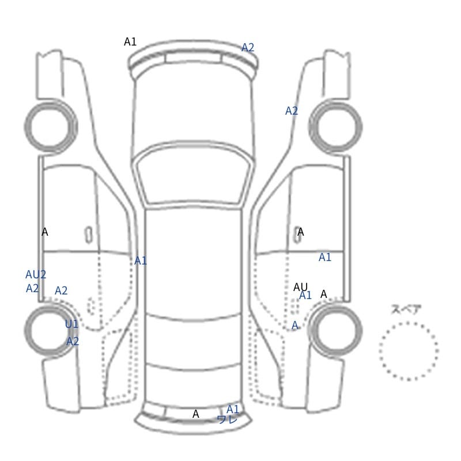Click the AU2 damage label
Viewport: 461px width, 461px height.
pyautogui.click(x=36, y=275)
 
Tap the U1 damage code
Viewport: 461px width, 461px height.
pyautogui.click(x=71, y=324)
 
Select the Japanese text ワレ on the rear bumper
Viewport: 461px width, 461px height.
pyautogui.click(x=227, y=420)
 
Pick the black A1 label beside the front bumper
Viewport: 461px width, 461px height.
pyautogui.click(x=130, y=41)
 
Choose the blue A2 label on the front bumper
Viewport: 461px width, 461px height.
pyautogui.click(x=248, y=47)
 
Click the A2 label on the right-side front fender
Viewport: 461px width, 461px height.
pyautogui.click(x=292, y=111)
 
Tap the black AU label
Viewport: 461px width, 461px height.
pyautogui.click(x=300, y=286)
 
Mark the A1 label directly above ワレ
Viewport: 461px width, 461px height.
pyautogui.click(x=233, y=409)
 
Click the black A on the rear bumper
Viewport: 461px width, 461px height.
pyautogui.click(x=195, y=414)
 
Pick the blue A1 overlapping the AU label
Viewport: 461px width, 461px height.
pyautogui.click(x=305, y=295)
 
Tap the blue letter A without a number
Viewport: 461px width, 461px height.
pyautogui.click(x=294, y=326)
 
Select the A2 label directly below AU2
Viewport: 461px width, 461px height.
pyautogui.click(x=32, y=289)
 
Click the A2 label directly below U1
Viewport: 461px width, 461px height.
pyautogui.click(x=73, y=341)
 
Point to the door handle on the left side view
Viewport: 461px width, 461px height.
pyautogui.click(x=89, y=235)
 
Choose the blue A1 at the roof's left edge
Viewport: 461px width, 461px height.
pyautogui.click(x=140, y=260)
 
